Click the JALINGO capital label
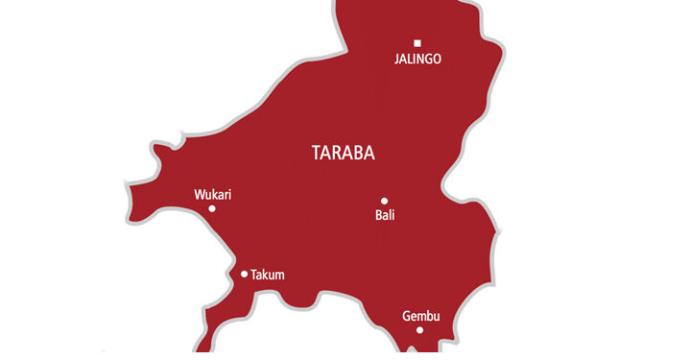point(417,60)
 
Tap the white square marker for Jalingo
point(417,42)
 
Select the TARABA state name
point(344,153)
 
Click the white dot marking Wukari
point(212,208)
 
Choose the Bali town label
point(385,216)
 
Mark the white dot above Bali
point(384,202)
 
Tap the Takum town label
point(267,276)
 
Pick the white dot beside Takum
point(244,275)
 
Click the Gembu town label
point(419,316)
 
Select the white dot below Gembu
point(419,330)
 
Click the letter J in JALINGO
point(397,60)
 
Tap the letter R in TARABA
point(336,153)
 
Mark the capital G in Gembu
point(406,316)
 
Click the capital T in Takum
point(253,276)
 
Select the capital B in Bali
point(378,216)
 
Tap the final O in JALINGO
point(438,60)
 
